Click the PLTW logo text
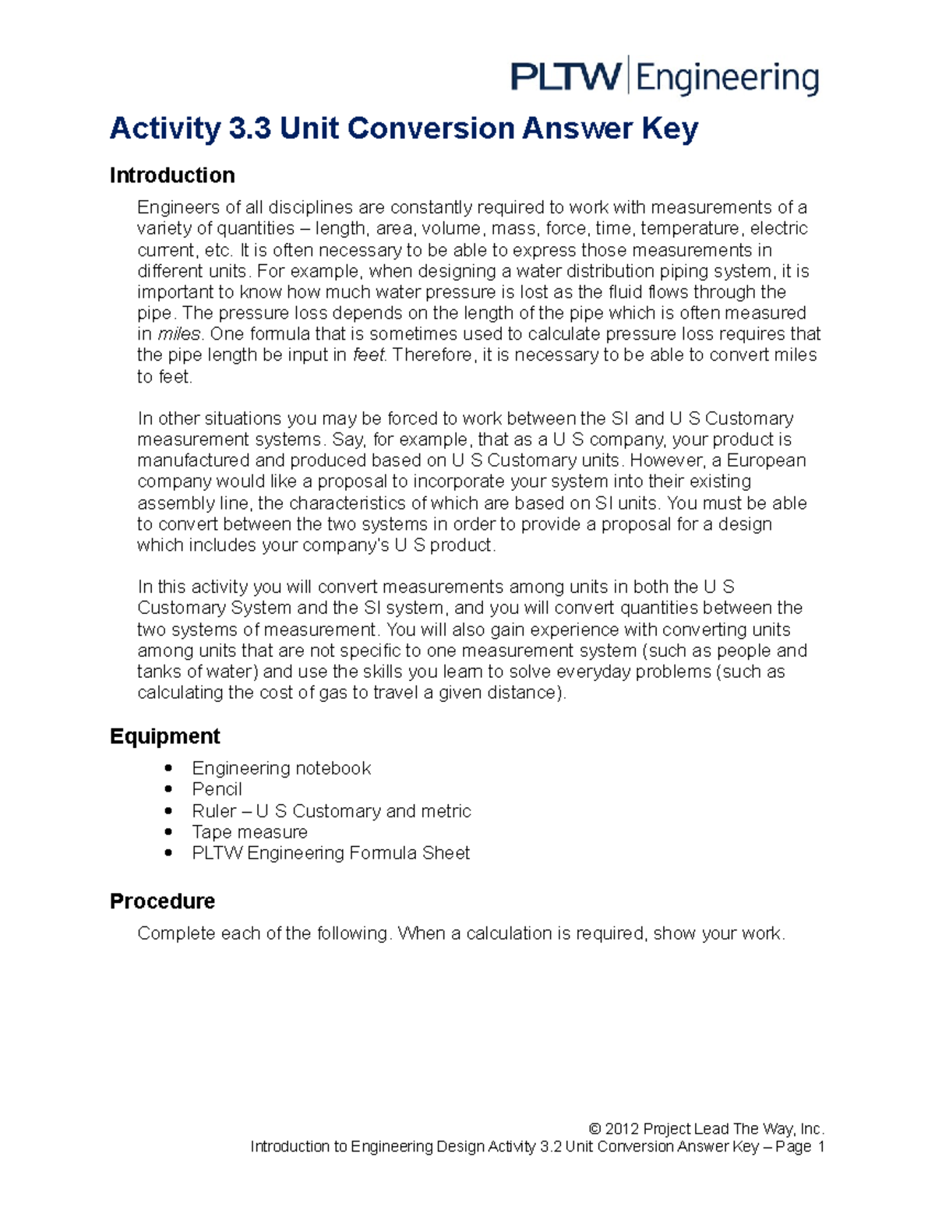566,78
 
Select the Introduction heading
172,175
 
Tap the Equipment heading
164,736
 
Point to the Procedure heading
162,901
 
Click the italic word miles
180,334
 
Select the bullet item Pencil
217,789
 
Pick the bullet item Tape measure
249,832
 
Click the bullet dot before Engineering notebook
168,768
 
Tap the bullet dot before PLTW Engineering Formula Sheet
168,853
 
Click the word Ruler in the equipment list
213,811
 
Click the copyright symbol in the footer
595,1129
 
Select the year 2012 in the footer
622,1129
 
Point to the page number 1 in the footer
820,1147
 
